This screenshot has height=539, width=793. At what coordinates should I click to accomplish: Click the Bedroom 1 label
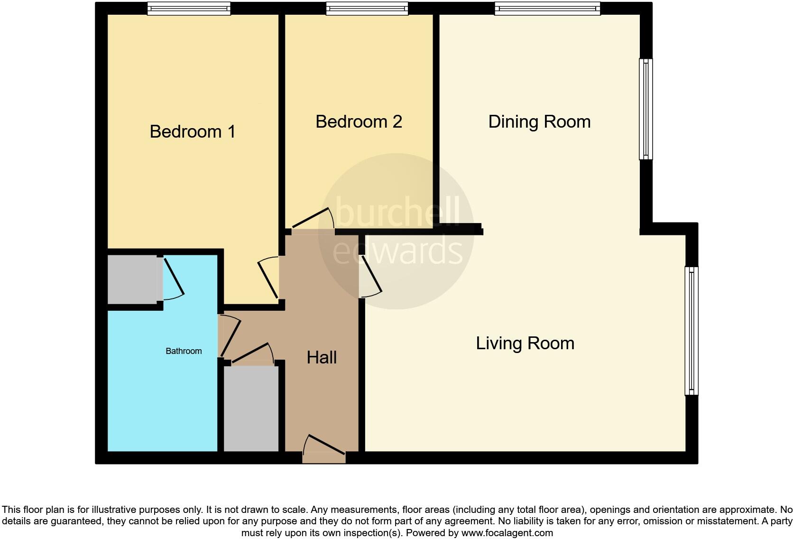(193, 131)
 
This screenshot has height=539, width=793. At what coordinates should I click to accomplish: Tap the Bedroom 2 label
(359, 121)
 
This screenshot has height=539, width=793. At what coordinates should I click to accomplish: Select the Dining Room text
(539, 121)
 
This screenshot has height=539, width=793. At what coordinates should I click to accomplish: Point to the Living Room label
(525, 343)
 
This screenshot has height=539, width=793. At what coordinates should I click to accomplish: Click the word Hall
(322, 357)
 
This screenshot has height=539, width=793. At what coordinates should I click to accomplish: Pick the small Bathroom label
(184, 351)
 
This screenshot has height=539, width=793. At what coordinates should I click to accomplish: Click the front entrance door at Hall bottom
(324, 449)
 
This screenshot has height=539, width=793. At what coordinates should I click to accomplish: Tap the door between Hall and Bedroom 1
(268, 278)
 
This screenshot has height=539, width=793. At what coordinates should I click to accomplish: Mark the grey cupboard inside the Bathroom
(132, 279)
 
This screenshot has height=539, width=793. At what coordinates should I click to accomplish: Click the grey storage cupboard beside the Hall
(251, 409)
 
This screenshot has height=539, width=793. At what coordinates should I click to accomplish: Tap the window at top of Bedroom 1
(189, 9)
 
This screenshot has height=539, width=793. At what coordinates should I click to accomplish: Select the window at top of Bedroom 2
(367, 9)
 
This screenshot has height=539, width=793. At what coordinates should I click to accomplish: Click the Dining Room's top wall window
(547, 9)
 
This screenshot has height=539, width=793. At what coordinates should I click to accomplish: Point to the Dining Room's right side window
(645, 109)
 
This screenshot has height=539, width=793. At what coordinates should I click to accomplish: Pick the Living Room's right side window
(692, 331)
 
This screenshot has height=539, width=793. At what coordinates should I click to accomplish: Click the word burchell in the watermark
(397, 212)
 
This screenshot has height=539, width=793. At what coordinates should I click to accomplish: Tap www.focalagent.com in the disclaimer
(507, 533)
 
